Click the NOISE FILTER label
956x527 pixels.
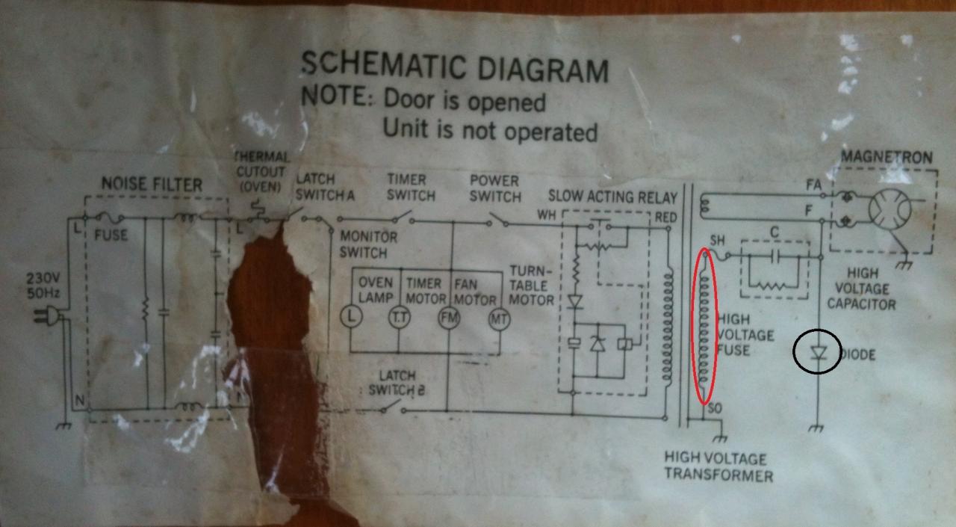click(152, 185)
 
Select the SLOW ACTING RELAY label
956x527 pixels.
click(612, 197)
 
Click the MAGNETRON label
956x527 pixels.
click(887, 158)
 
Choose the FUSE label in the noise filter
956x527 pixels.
click(111, 235)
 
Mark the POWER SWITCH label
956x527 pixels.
click(494, 188)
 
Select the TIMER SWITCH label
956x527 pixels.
click(411, 188)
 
